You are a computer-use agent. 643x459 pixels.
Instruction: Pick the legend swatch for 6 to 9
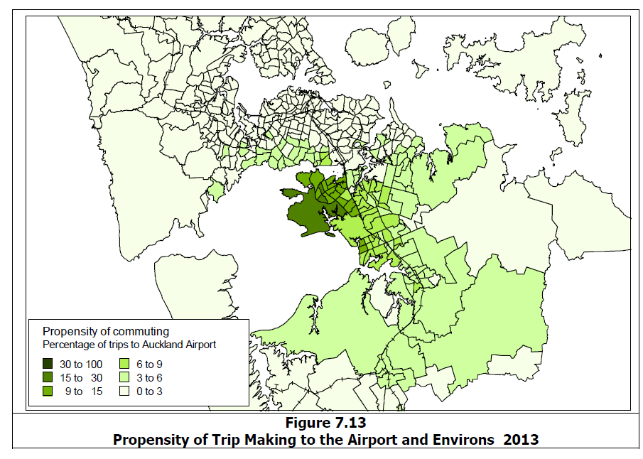(125, 364)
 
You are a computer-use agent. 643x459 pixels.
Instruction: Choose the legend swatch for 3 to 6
(125, 378)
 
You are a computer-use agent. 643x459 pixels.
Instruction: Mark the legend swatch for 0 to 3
(125, 391)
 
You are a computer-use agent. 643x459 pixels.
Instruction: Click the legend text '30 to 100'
(81, 364)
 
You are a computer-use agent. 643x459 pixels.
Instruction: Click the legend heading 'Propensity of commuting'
(106, 331)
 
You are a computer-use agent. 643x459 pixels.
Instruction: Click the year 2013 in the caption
(520, 439)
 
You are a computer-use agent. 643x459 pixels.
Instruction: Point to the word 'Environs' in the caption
(460, 439)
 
